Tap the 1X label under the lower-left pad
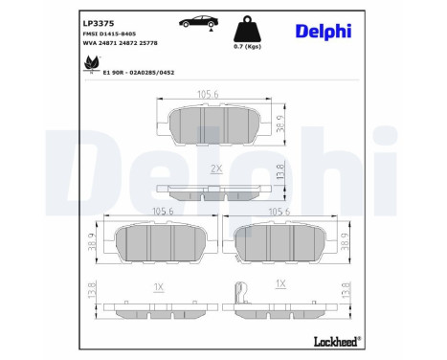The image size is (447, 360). coord(159,285)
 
